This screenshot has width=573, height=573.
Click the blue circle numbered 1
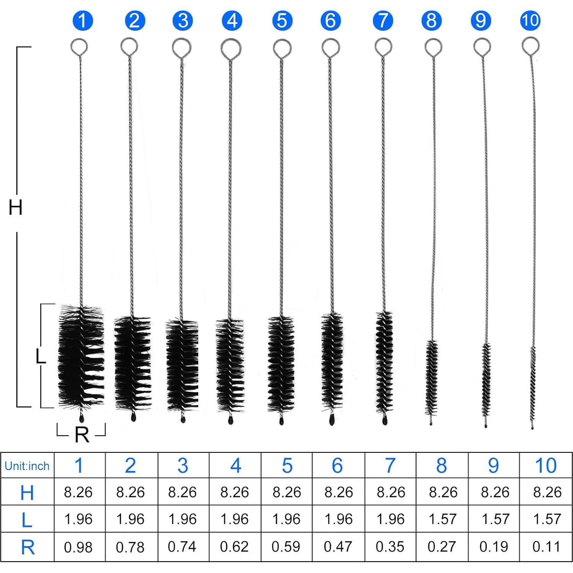82,21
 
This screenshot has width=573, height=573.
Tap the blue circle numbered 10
530,20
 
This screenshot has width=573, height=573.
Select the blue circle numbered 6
331,21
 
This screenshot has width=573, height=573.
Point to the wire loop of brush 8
433,47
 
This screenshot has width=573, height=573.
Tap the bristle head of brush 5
281,364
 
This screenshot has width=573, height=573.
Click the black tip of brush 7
384,420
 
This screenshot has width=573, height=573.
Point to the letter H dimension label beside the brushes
15,207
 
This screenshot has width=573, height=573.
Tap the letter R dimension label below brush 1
82,435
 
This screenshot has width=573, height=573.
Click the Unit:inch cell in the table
27,466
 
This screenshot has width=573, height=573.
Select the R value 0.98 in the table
78,547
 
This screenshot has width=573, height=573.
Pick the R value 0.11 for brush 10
546,547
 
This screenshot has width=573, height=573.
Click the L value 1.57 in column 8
442,519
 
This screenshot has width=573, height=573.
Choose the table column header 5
287,466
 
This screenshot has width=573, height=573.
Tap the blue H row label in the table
27,492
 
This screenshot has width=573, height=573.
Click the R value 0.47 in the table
338,547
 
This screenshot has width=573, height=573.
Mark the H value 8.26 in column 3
182,492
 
